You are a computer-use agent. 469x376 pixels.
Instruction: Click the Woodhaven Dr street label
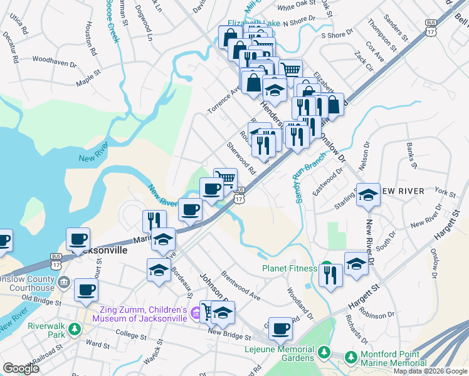pyautogui.click(x=54, y=62)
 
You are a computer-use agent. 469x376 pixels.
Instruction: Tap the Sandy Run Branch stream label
pyautogui.click(x=301, y=182)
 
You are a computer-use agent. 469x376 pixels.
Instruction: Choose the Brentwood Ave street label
pyautogui.click(x=241, y=286)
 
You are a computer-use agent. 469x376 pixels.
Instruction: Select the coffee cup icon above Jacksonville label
pyautogui.click(x=78, y=238)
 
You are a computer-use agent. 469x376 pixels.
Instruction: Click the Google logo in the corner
pyautogui.click(x=21, y=368)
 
